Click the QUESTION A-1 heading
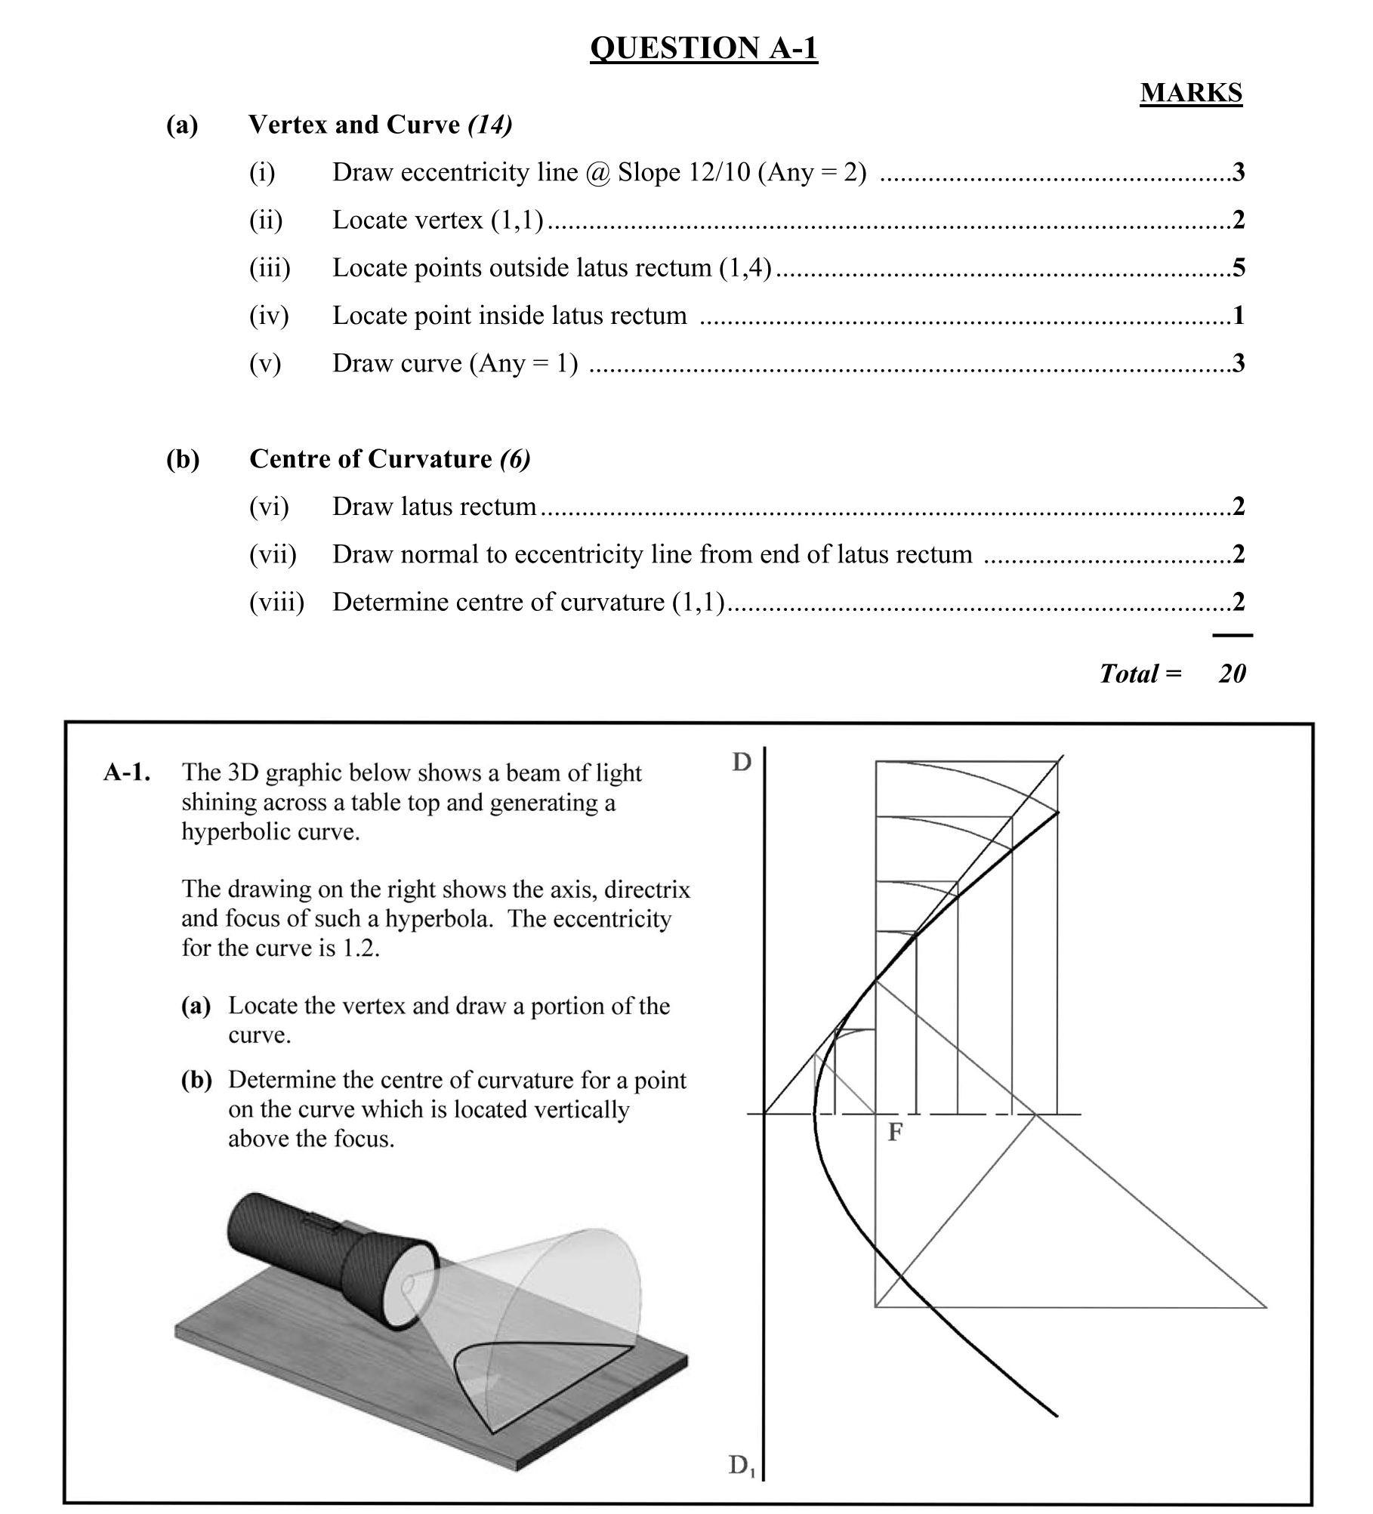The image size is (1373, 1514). point(703,48)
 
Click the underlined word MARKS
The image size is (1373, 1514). point(1190,93)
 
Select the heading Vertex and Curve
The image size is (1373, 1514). point(354,125)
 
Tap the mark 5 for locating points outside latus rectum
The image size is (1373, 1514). point(1239,267)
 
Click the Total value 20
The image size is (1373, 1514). point(1232,673)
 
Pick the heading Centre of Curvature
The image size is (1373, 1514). point(370,459)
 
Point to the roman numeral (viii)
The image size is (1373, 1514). point(276,602)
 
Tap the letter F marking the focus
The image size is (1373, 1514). point(895,1132)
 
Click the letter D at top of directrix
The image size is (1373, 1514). point(742,763)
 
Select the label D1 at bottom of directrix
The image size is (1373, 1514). point(741,1466)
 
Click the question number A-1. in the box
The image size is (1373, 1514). point(126,772)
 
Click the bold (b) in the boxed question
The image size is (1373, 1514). point(196,1080)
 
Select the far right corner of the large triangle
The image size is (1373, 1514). point(1266,1307)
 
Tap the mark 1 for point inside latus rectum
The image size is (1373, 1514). point(1239,315)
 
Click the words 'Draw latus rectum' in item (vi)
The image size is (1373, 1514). point(434,506)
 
